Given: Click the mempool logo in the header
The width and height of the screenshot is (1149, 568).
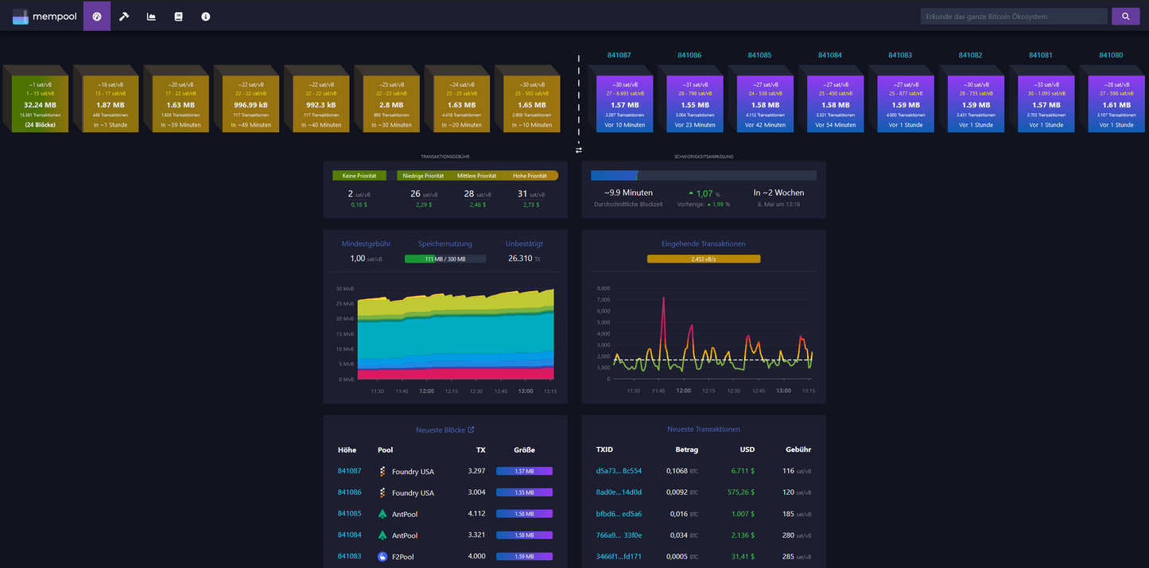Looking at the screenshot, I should point(45,16).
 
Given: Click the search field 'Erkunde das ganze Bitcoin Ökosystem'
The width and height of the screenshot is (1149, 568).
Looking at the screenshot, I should point(1013,16).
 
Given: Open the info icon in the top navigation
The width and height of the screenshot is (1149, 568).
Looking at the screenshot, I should point(206,16).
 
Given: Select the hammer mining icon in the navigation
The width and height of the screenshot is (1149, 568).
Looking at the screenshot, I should point(124,16).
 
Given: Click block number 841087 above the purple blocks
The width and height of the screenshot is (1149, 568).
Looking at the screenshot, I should point(619,56).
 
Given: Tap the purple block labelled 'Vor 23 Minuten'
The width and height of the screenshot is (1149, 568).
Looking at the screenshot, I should point(689,104).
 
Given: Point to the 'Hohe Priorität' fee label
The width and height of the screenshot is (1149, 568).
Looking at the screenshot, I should point(530,176).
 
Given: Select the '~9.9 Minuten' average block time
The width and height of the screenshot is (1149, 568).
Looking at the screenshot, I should point(628,193).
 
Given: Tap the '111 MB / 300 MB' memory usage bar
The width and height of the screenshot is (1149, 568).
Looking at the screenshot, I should point(445,259).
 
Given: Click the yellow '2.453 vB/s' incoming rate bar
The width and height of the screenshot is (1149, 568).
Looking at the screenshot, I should point(704,259).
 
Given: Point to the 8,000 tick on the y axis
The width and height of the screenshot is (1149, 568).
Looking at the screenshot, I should point(602,288).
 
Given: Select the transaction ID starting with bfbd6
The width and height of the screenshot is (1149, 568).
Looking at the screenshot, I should point(619,514).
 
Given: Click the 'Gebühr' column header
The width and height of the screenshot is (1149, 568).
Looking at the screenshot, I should point(798,449).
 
